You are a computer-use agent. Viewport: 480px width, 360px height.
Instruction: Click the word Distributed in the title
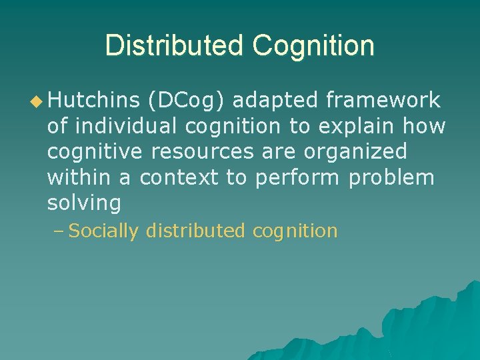175,46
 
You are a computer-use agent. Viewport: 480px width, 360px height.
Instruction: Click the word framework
383,101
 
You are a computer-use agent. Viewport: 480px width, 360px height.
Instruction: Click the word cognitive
95,151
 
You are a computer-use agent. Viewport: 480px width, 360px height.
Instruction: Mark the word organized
355,152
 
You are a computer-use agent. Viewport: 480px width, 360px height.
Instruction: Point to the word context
179,177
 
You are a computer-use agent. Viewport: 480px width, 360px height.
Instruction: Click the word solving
84,203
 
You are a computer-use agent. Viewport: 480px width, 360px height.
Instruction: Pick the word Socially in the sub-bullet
103,231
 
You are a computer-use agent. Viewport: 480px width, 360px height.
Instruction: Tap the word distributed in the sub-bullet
196,231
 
